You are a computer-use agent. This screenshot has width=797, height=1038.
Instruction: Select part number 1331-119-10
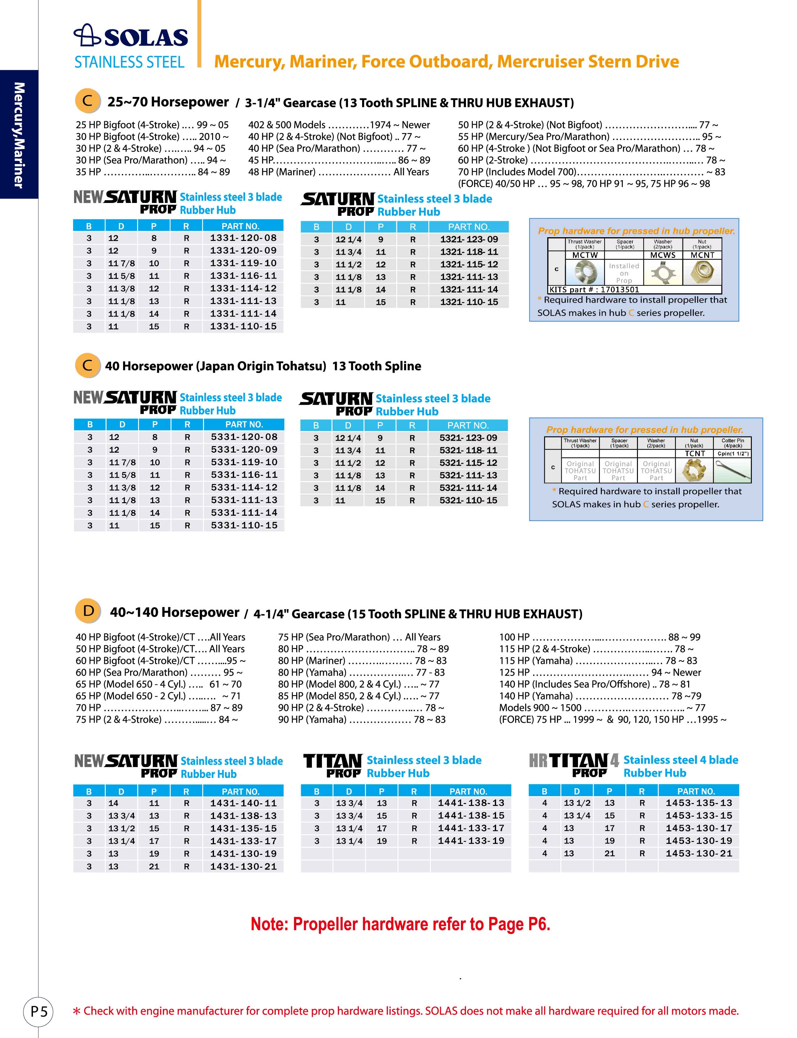pos(243,263)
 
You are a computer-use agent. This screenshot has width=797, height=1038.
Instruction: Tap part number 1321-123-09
pos(469,239)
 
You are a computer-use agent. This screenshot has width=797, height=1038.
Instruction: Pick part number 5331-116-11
pos(244,475)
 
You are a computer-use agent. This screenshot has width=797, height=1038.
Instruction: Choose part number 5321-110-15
pos(468,500)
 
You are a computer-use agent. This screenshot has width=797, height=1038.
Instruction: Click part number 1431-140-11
pos(243,803)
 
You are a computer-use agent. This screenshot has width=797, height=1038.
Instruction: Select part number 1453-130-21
pos(698,854)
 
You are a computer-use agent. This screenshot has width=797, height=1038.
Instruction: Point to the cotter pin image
pos(732,471)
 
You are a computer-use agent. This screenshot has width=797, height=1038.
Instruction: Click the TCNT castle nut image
pos(694,471)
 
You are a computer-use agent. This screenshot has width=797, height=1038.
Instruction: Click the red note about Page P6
pos(400,924)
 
